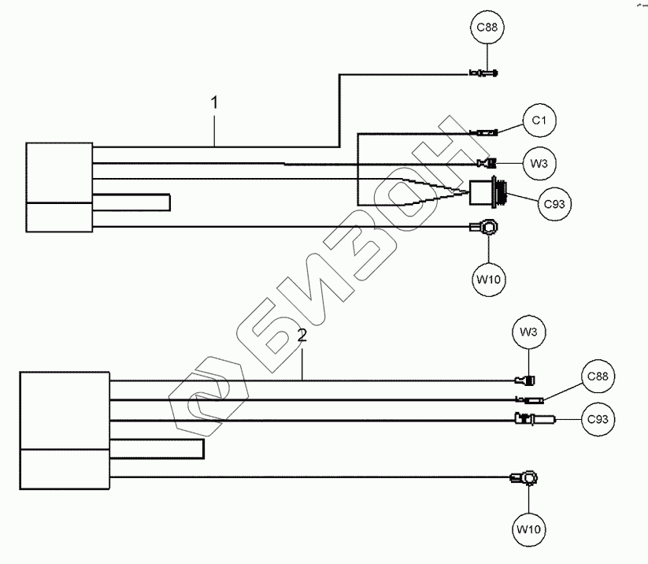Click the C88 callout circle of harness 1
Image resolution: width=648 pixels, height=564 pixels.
pyautogui.click(x=487, y=30)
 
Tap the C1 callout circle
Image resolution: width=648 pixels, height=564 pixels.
pyautogui.click(x=539, y=121)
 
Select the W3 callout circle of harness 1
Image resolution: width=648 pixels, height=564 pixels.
pyautogui.click(x=539, y=164)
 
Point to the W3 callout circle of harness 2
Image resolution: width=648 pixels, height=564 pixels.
pyautogui.click(x=529, y=333)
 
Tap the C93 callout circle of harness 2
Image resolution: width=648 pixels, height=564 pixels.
pyautogui.click(x=598, y=419)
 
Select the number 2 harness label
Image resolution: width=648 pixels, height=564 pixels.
pyautogui.click(x=302, y=336)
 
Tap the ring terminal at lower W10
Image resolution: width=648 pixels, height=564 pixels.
pyautogui.click(x=525, y=477)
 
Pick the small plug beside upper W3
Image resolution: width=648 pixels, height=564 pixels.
pyautogui.click(x=486, y=164)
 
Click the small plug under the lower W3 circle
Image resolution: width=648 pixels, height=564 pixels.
pyautogui.click(x=525, y=380)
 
